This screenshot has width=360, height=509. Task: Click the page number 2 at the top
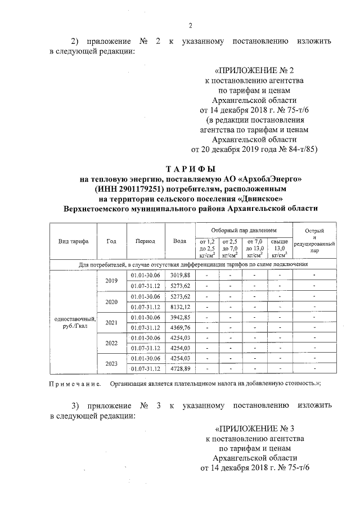[x=190, y=25]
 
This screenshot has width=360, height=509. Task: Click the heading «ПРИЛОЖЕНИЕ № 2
[x=254, y=71]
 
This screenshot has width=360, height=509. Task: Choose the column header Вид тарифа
[x=73, y=241]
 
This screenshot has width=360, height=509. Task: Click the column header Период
[x=146, y=241]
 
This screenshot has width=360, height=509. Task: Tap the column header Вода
[x=180, y=241]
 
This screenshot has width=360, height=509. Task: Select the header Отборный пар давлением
[x=244, y=231]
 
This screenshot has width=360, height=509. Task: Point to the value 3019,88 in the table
[x=180, y=274]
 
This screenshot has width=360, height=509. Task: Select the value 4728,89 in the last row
[x=180, y=368]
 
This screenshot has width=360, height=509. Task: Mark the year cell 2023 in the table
[x=112, y=363]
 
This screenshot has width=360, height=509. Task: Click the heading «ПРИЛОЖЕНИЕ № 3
[x=255, y=428]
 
